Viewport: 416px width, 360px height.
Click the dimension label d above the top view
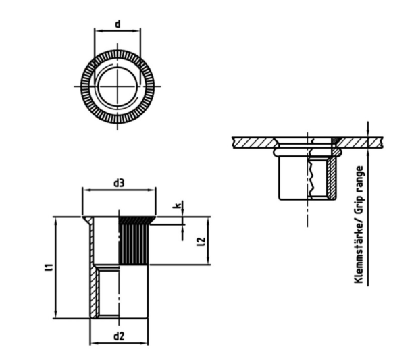(x=118, y=24)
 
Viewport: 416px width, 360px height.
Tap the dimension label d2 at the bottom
(x=119, y=336)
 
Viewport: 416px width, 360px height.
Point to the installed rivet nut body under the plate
(x=307, y=179)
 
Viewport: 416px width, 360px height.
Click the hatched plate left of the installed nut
(x=253, y=143)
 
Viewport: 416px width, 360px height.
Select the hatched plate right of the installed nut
(x=361, y=143)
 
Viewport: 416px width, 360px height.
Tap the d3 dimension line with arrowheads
(x=119, y=191)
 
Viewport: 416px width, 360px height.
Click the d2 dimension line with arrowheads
(x=119, y=344)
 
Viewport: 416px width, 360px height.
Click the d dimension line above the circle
(x=118, y=32)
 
